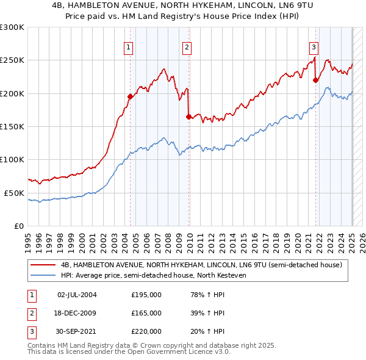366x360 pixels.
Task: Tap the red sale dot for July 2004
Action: [130, 96]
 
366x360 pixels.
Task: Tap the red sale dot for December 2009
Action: [188, 117]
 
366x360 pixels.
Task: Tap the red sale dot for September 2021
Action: [315, 80]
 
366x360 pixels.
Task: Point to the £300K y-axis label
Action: [12, 27]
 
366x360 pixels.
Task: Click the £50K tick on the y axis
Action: [13, 193]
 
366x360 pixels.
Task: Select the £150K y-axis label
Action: [12, 126]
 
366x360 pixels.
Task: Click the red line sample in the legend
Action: [43, 265]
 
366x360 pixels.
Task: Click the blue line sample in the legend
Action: [43, 275]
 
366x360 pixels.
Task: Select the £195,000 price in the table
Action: [146, 295]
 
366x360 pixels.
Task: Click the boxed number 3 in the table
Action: [29, 331]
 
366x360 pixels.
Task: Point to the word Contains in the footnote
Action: [43, 345]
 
